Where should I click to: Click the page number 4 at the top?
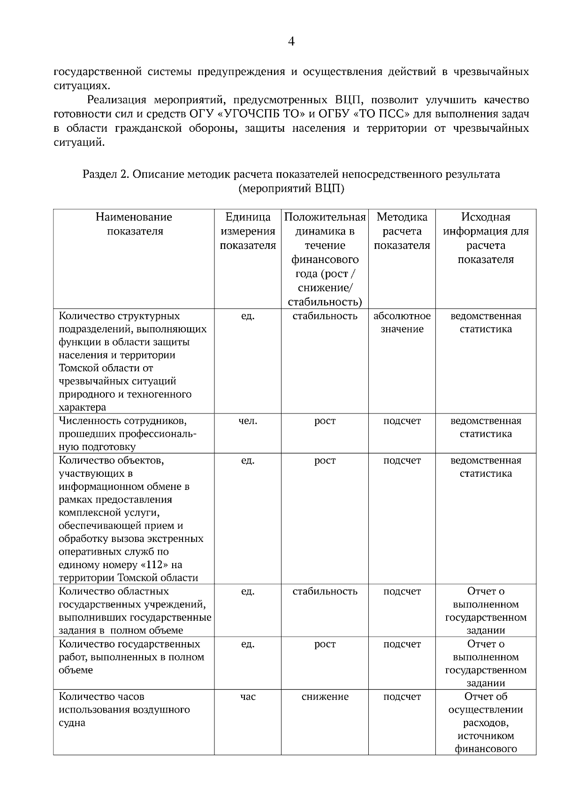pos(291,42)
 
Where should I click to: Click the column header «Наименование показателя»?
pos(134,224)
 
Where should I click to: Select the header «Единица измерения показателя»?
pos(248,231)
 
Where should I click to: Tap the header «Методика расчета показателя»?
pos(402,231)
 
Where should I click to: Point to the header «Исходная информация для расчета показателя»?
pos(486,238)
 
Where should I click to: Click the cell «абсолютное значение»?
pos(402,323)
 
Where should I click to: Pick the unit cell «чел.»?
pos(248,421)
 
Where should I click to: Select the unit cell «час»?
pos(248,697)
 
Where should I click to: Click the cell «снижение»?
pos(325,697)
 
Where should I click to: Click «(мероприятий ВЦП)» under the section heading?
pos(291,188)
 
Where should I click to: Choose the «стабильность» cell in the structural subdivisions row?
pos(325,316)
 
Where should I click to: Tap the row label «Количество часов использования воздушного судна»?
pos(124,709)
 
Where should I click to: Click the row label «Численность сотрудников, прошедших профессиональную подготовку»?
pos(127,434)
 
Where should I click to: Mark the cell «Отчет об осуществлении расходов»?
pos(486,716)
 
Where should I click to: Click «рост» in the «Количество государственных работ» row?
pos(325,644)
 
